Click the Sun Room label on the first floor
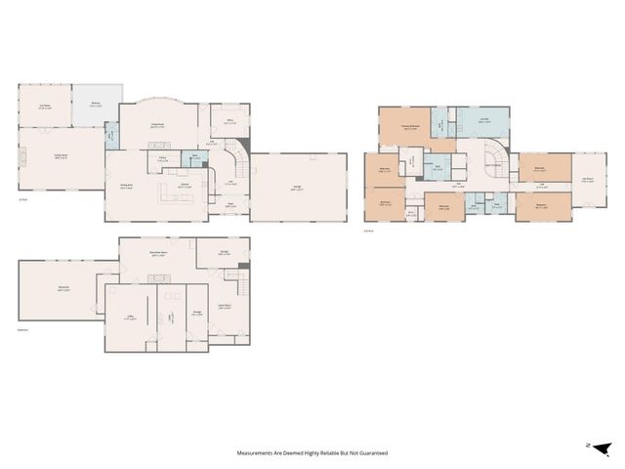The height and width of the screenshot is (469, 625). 44,107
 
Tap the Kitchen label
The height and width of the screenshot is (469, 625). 184,183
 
